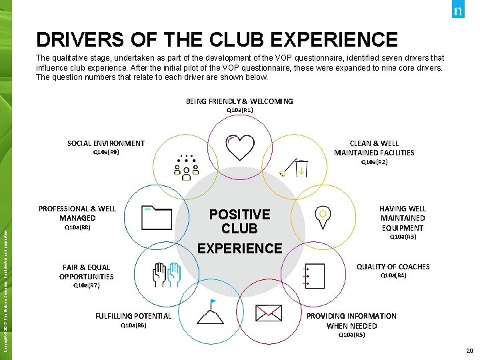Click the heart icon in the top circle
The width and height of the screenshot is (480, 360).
click(240, 145)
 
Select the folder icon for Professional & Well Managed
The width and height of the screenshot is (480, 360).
click(157, 217)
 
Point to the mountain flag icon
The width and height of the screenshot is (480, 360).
click(211, 310)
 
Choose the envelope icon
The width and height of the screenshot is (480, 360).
click(268, 311)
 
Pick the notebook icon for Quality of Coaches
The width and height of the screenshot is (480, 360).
click(313, 274)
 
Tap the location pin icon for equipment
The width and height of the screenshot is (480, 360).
click(322, 217)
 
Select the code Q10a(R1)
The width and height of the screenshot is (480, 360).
click(239, 110)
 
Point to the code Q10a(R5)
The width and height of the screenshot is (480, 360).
click(351, 335)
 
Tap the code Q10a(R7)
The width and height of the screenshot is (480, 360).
click(86, 285)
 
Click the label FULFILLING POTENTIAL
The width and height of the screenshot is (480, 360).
click(133, 316)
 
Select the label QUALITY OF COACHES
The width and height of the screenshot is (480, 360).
click(393, 267)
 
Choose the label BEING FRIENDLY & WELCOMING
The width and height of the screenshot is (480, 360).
click(239, 101)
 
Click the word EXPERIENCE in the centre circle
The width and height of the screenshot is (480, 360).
click(240, 249)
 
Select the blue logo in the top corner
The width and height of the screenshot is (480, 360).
click(459, 11)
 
